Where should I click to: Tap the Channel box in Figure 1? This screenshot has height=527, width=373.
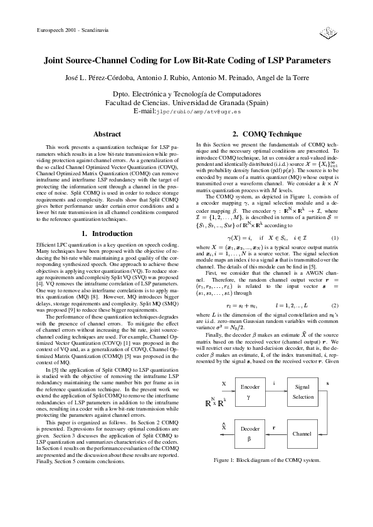pyautogui.click(x=303, y=434)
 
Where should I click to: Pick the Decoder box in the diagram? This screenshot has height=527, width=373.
pyautogui.click(x=250, y=434)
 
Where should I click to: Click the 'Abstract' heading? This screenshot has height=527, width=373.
pyautogui.click(x=107, y=134)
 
